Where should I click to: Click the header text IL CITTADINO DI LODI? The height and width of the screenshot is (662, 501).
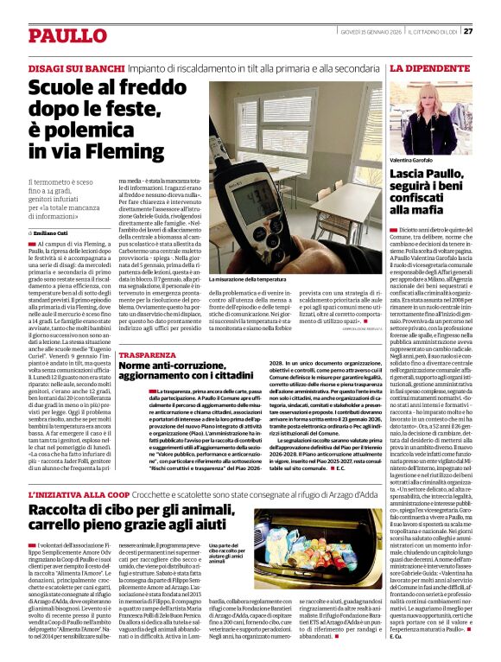point(433,31)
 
